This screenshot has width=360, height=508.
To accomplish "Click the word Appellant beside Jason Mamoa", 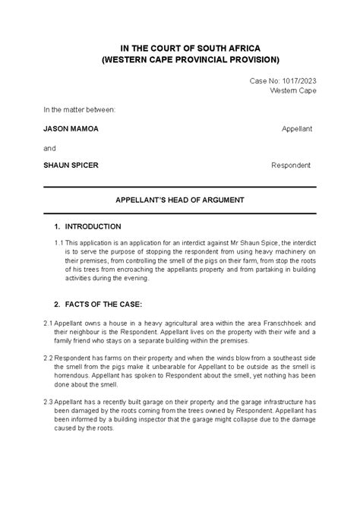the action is coord(296,129).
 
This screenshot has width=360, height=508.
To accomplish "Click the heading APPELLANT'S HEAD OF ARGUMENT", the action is coord(179,201).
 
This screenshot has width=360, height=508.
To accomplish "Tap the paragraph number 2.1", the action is coord(48,323).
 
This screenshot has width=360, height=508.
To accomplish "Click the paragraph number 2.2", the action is coord(48,357).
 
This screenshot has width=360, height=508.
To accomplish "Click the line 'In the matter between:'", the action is coord(80,109).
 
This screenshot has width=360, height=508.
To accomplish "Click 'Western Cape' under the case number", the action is coord(293,91).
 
